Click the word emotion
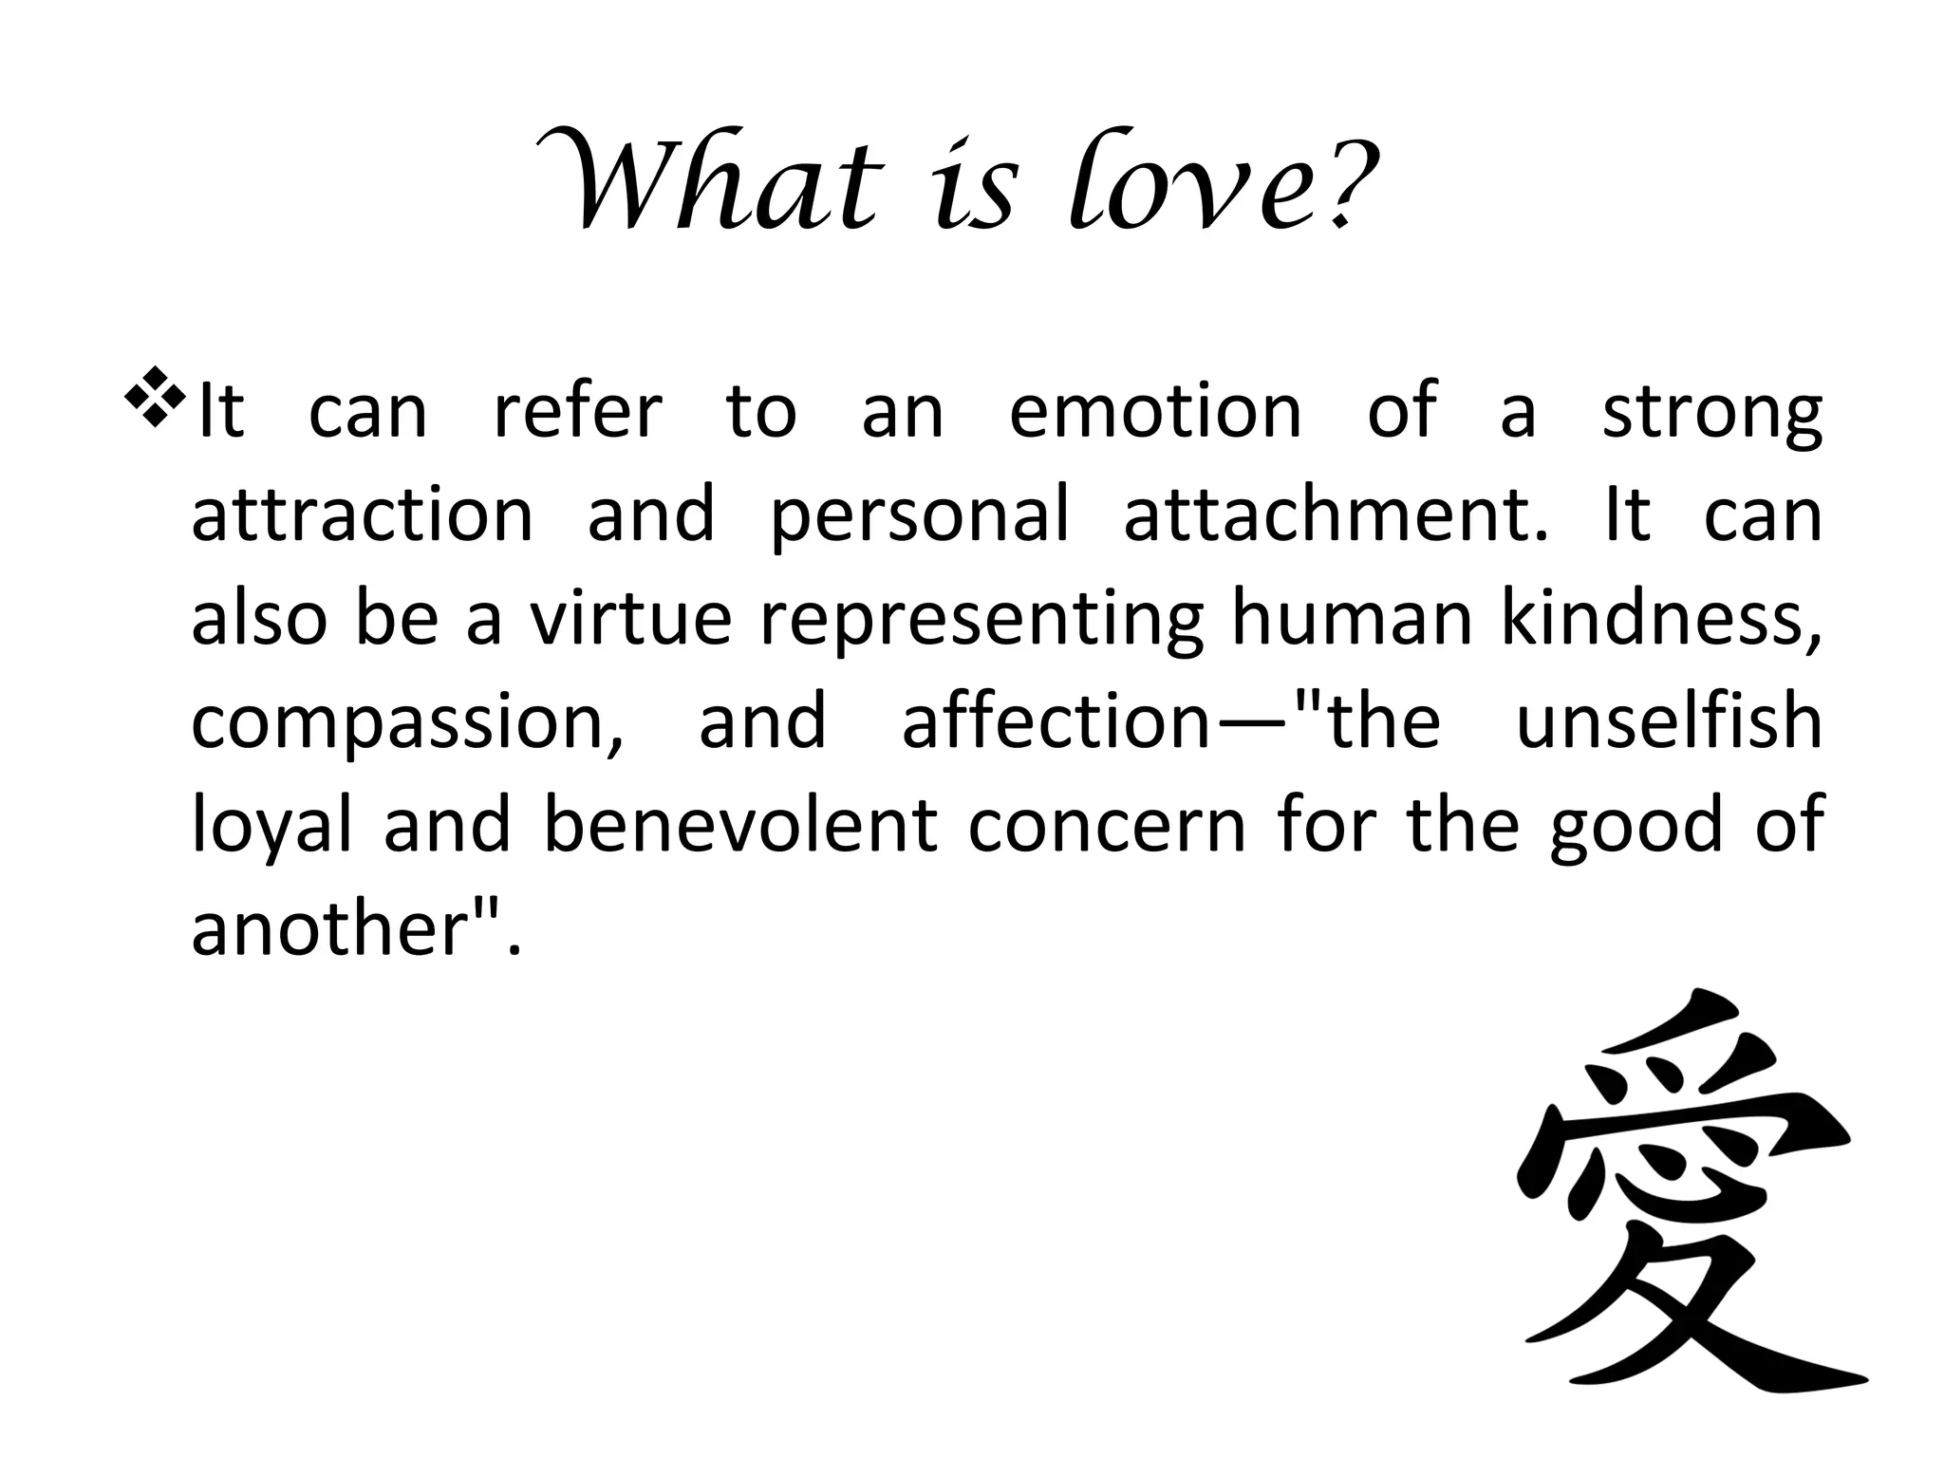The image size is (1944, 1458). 1154,412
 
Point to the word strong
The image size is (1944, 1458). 1711,414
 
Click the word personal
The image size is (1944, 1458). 919,517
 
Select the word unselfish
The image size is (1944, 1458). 1669,720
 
